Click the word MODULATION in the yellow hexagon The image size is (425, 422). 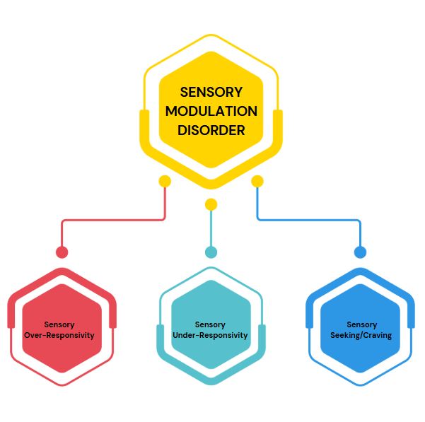[x=211, y=111]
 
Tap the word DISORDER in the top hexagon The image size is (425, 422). [x=211, y=130]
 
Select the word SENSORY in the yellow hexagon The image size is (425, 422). [x=211, y=92]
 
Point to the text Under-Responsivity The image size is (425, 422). [x=211, y=335]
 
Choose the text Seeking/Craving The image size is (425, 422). [x=360, y=335]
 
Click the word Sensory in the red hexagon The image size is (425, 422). [x=59, y=325]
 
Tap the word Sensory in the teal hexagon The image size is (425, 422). [x=210, y=325]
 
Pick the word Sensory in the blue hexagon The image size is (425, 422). [x=361, y=325]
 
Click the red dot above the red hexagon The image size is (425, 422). [x=62, y=252]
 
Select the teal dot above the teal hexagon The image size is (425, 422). [x=211, y=252]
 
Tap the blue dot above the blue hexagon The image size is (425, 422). [x=360, y=252]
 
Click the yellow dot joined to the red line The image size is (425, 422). [x=165, y=182]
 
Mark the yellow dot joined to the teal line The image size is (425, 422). [x=211, y=205]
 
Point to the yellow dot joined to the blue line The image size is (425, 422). [x=257, y=182]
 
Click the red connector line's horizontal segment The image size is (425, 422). [x=113, y=220]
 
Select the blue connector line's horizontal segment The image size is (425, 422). [x=308, y=220]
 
